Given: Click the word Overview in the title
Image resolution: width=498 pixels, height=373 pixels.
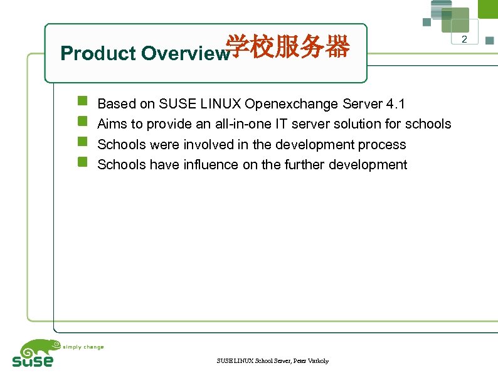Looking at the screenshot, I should tap(183, 54).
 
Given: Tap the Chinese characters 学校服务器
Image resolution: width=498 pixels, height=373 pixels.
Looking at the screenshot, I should tap(287, 47).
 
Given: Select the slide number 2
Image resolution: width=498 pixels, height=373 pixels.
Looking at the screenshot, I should tap(465, 40).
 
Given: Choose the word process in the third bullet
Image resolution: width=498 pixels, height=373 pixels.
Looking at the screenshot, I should tap(382, 145).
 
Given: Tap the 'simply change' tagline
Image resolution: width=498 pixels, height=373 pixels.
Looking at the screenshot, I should tap(83, 347).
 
